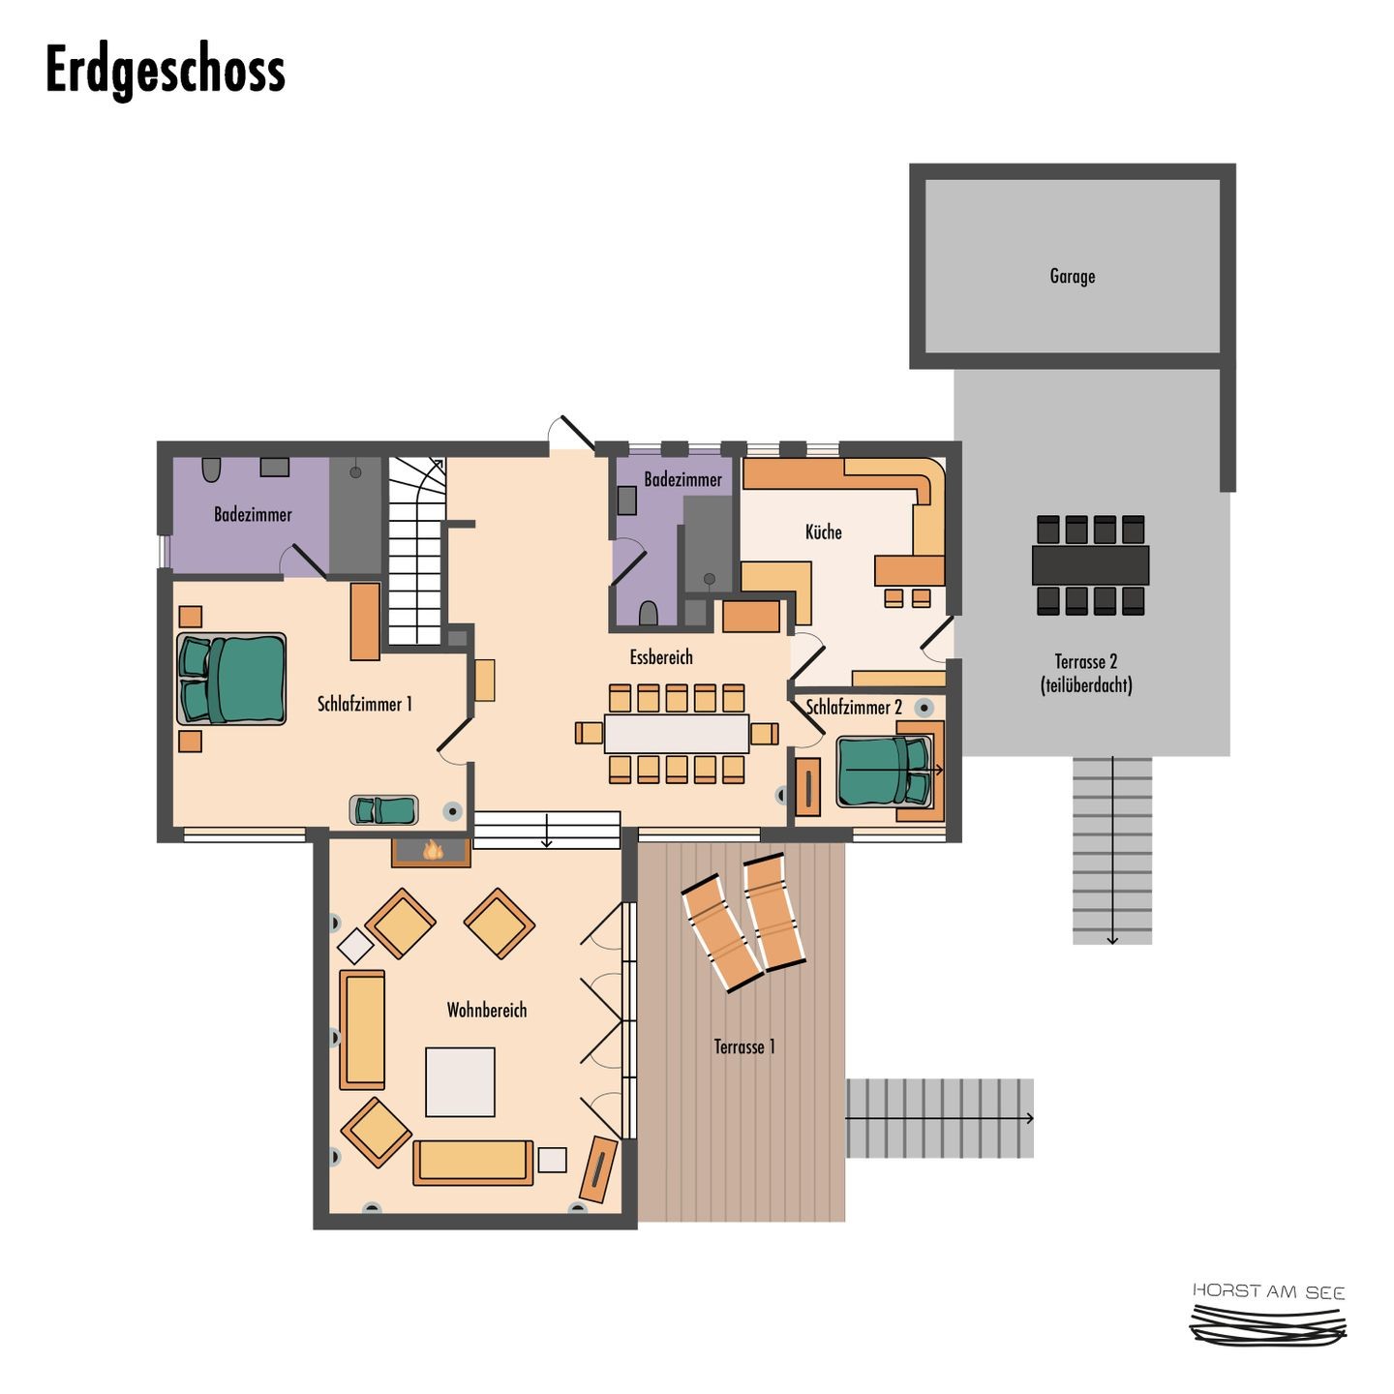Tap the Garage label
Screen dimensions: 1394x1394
click(1072, 276)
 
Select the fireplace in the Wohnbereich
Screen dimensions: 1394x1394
click(431, 852)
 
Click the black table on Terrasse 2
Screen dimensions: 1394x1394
click(1090, 565)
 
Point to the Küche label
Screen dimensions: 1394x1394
click(823, 531)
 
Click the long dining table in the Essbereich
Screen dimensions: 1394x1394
click(677, 734)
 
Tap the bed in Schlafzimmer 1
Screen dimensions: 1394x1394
click(231, 680)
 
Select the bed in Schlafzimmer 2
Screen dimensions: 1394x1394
click(883, 772)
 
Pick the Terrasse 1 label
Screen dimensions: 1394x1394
click(743, 1046)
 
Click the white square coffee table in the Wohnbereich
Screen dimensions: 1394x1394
click(460, 1081)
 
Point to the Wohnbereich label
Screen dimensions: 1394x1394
click(486, 1010)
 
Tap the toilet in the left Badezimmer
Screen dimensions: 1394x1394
click(211, 470)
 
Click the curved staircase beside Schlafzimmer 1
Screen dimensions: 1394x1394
click(416, 550)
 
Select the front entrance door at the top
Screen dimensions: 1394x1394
click(571, 433)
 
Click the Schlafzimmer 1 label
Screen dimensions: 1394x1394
click(365, 704)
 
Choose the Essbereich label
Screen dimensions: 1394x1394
click(661, 657)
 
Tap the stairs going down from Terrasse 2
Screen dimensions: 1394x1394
click(1112, 850)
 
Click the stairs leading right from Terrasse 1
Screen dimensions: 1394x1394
click(940, 1118)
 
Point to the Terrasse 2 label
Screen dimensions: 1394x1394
click(1086, 673)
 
